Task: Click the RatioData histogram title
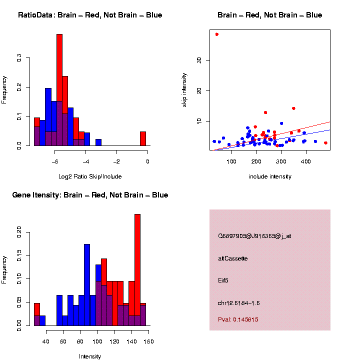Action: coord(90,15)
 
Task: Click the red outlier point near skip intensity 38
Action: coord(217,34)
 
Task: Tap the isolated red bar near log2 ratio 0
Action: coord(143,138)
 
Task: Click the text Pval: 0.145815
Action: coord(238,319)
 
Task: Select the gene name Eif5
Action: coord(223,280)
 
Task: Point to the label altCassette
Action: coord(232,258)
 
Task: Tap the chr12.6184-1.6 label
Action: coord(238,303)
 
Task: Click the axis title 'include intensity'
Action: coord(269,176)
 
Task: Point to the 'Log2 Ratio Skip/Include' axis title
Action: coord(90,176)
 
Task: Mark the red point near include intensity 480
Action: coord(325,143)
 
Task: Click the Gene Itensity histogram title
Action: coord(90,195)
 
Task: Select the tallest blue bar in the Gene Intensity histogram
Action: coord(87,285)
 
